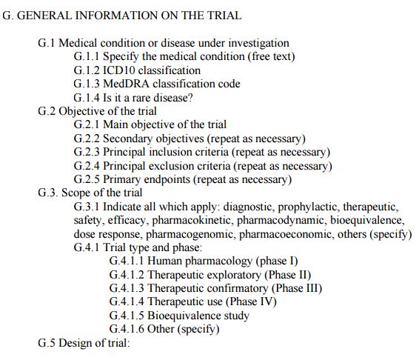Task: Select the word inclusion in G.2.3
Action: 168,152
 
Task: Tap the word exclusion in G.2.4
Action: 170,165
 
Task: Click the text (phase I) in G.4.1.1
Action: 276,261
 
